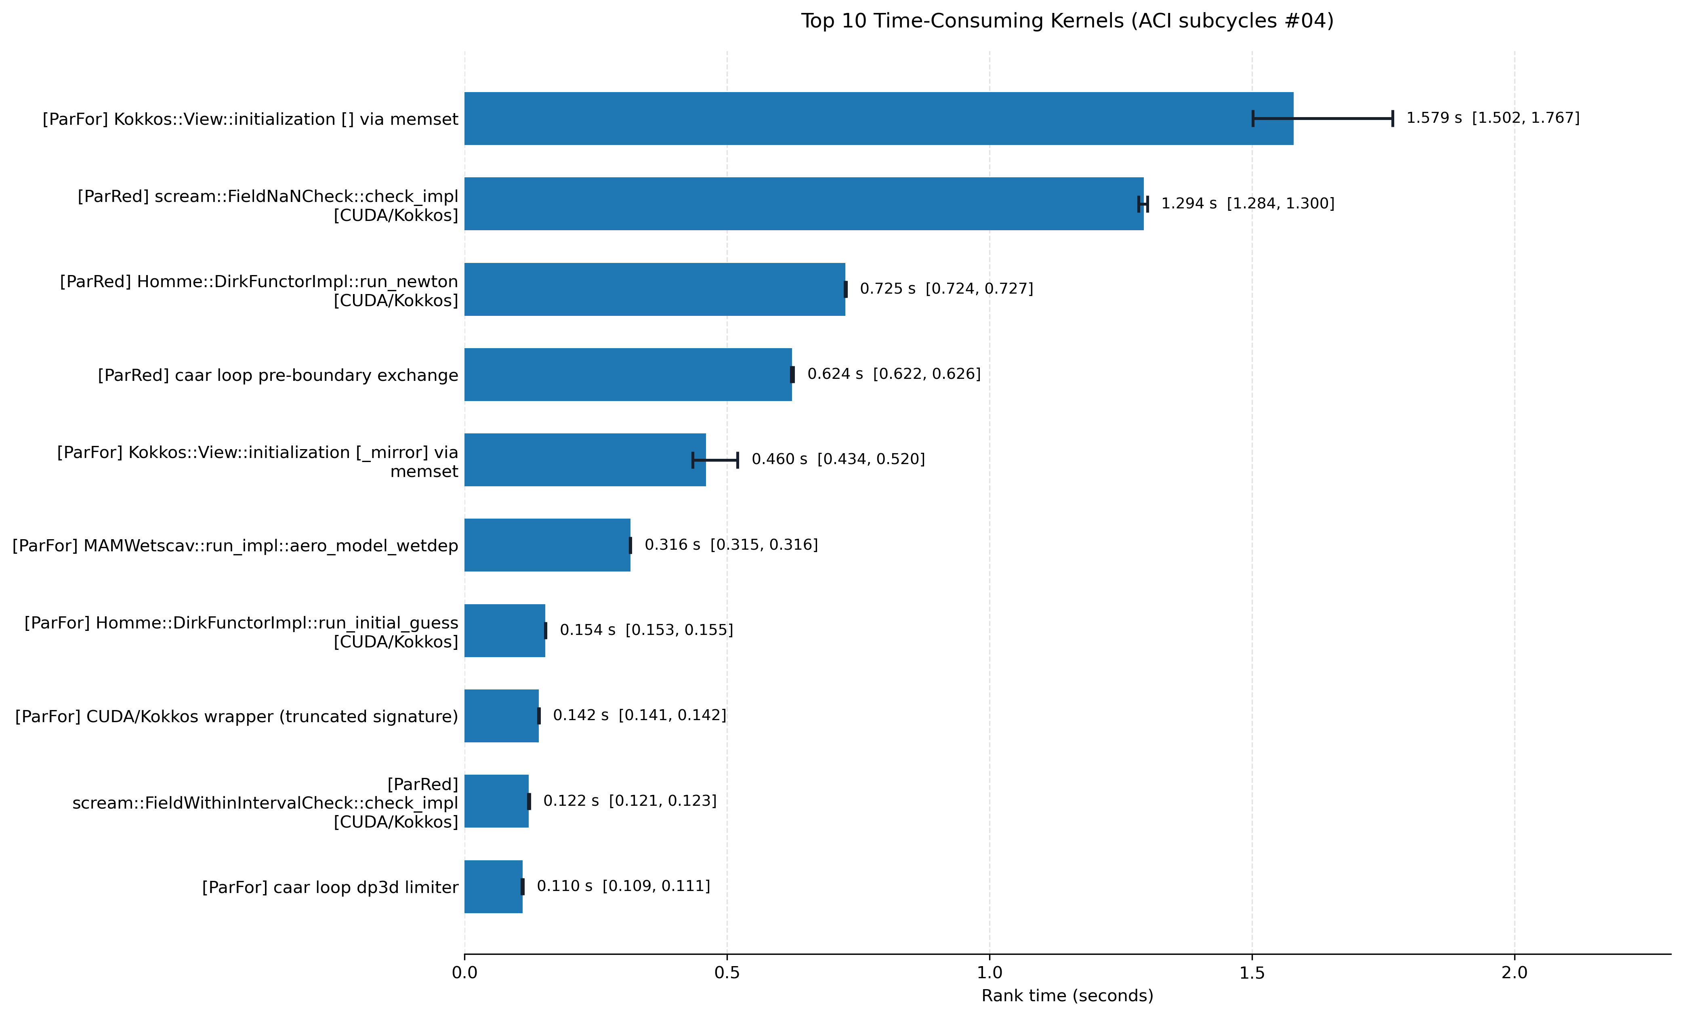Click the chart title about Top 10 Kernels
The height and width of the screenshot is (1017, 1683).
(1067, 21)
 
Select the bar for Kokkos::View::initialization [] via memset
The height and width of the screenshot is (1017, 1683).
(878, 118)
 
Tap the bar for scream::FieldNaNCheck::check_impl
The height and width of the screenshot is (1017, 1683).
(804, 204)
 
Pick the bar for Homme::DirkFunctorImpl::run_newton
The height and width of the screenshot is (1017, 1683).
(654, 289)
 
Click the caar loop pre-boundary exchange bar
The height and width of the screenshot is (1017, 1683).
(628, 374)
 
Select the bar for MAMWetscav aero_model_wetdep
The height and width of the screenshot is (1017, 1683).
(547, 545)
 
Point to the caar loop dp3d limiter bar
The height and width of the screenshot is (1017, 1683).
(493, 887)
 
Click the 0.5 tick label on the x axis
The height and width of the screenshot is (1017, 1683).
(727, 973)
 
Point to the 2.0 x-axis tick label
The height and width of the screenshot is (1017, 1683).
(1514, 973)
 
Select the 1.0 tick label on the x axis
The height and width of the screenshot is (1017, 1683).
(990, 973)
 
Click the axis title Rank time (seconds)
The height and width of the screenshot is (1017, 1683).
(1067, 996)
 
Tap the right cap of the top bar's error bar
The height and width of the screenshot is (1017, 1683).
(1393, 118)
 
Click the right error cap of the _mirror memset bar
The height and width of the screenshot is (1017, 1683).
(737, 460)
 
